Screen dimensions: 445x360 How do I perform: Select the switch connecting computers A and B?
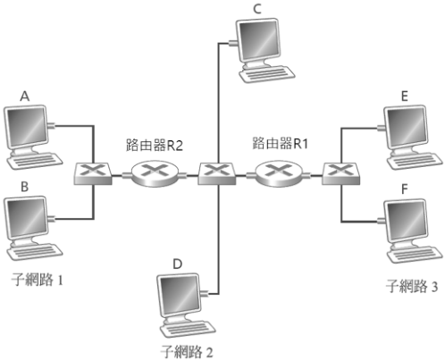(93, 173)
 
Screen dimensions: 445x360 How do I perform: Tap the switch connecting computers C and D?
(217, 173)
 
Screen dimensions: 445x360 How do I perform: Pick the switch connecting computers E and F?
(340, 173)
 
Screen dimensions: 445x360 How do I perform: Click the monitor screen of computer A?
(26, 126)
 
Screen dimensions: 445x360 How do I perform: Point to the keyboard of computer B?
(35, 252)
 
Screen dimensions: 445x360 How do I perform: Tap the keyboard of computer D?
(188, 329)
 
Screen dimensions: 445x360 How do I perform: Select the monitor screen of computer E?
(407, 126)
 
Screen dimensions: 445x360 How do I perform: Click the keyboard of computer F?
(415, 255)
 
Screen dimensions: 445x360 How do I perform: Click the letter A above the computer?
(25, 96)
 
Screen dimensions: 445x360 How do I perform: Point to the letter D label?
(178, 264)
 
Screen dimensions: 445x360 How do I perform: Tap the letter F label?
(404, 188)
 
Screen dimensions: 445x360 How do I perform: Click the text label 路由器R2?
(154, 145)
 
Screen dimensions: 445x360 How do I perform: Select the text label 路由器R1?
(280, 143)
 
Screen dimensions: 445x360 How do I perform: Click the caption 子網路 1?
(38, 280)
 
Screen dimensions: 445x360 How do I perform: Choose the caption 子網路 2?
(187, 352)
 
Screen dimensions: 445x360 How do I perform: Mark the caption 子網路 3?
(412, 286)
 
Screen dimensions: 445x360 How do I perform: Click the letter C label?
(257, 9)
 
